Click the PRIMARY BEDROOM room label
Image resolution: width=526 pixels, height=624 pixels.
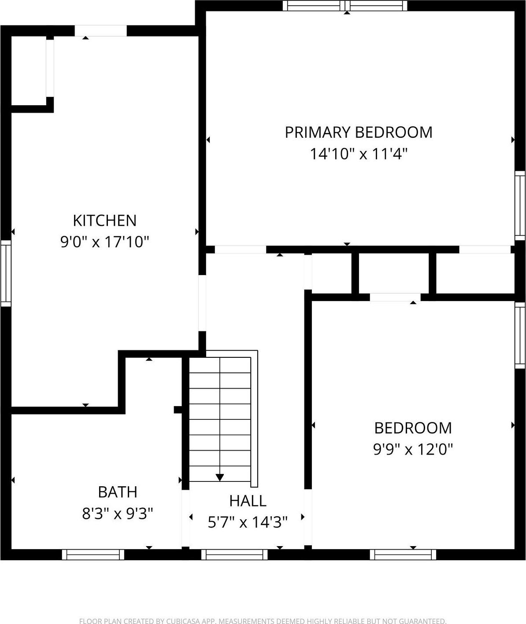tap(358, 132)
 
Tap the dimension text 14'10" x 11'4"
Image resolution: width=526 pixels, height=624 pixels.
tap(358, 154)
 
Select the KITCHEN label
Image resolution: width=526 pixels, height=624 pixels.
tap(104, 220)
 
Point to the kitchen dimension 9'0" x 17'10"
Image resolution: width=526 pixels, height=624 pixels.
tap(104, 242)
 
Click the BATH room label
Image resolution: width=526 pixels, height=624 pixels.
tap(117, 492)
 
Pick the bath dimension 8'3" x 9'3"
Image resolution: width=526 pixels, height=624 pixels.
tap(117, 513)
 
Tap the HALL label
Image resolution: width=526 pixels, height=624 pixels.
tap(248, 501)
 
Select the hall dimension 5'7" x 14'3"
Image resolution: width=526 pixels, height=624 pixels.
tap(248, 522)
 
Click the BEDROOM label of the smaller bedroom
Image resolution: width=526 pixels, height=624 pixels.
tap(413, 428)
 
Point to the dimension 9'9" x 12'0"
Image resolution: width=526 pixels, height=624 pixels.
tap(413, 449)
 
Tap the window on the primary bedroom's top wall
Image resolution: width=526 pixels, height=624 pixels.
tap(345, 6)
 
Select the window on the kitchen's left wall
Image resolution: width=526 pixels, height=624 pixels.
tap(6, 273)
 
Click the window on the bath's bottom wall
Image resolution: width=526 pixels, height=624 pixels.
tap(93, 554)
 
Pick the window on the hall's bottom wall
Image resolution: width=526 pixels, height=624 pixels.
tap(234, 554)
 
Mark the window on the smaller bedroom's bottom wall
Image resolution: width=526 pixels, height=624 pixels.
tap(403, 554)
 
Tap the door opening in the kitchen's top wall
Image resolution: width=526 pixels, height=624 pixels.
tap(100, 31)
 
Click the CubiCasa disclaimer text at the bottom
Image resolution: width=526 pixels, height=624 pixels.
tap(263, 621)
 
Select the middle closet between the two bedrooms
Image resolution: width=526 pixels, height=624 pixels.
tap(394, 273)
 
